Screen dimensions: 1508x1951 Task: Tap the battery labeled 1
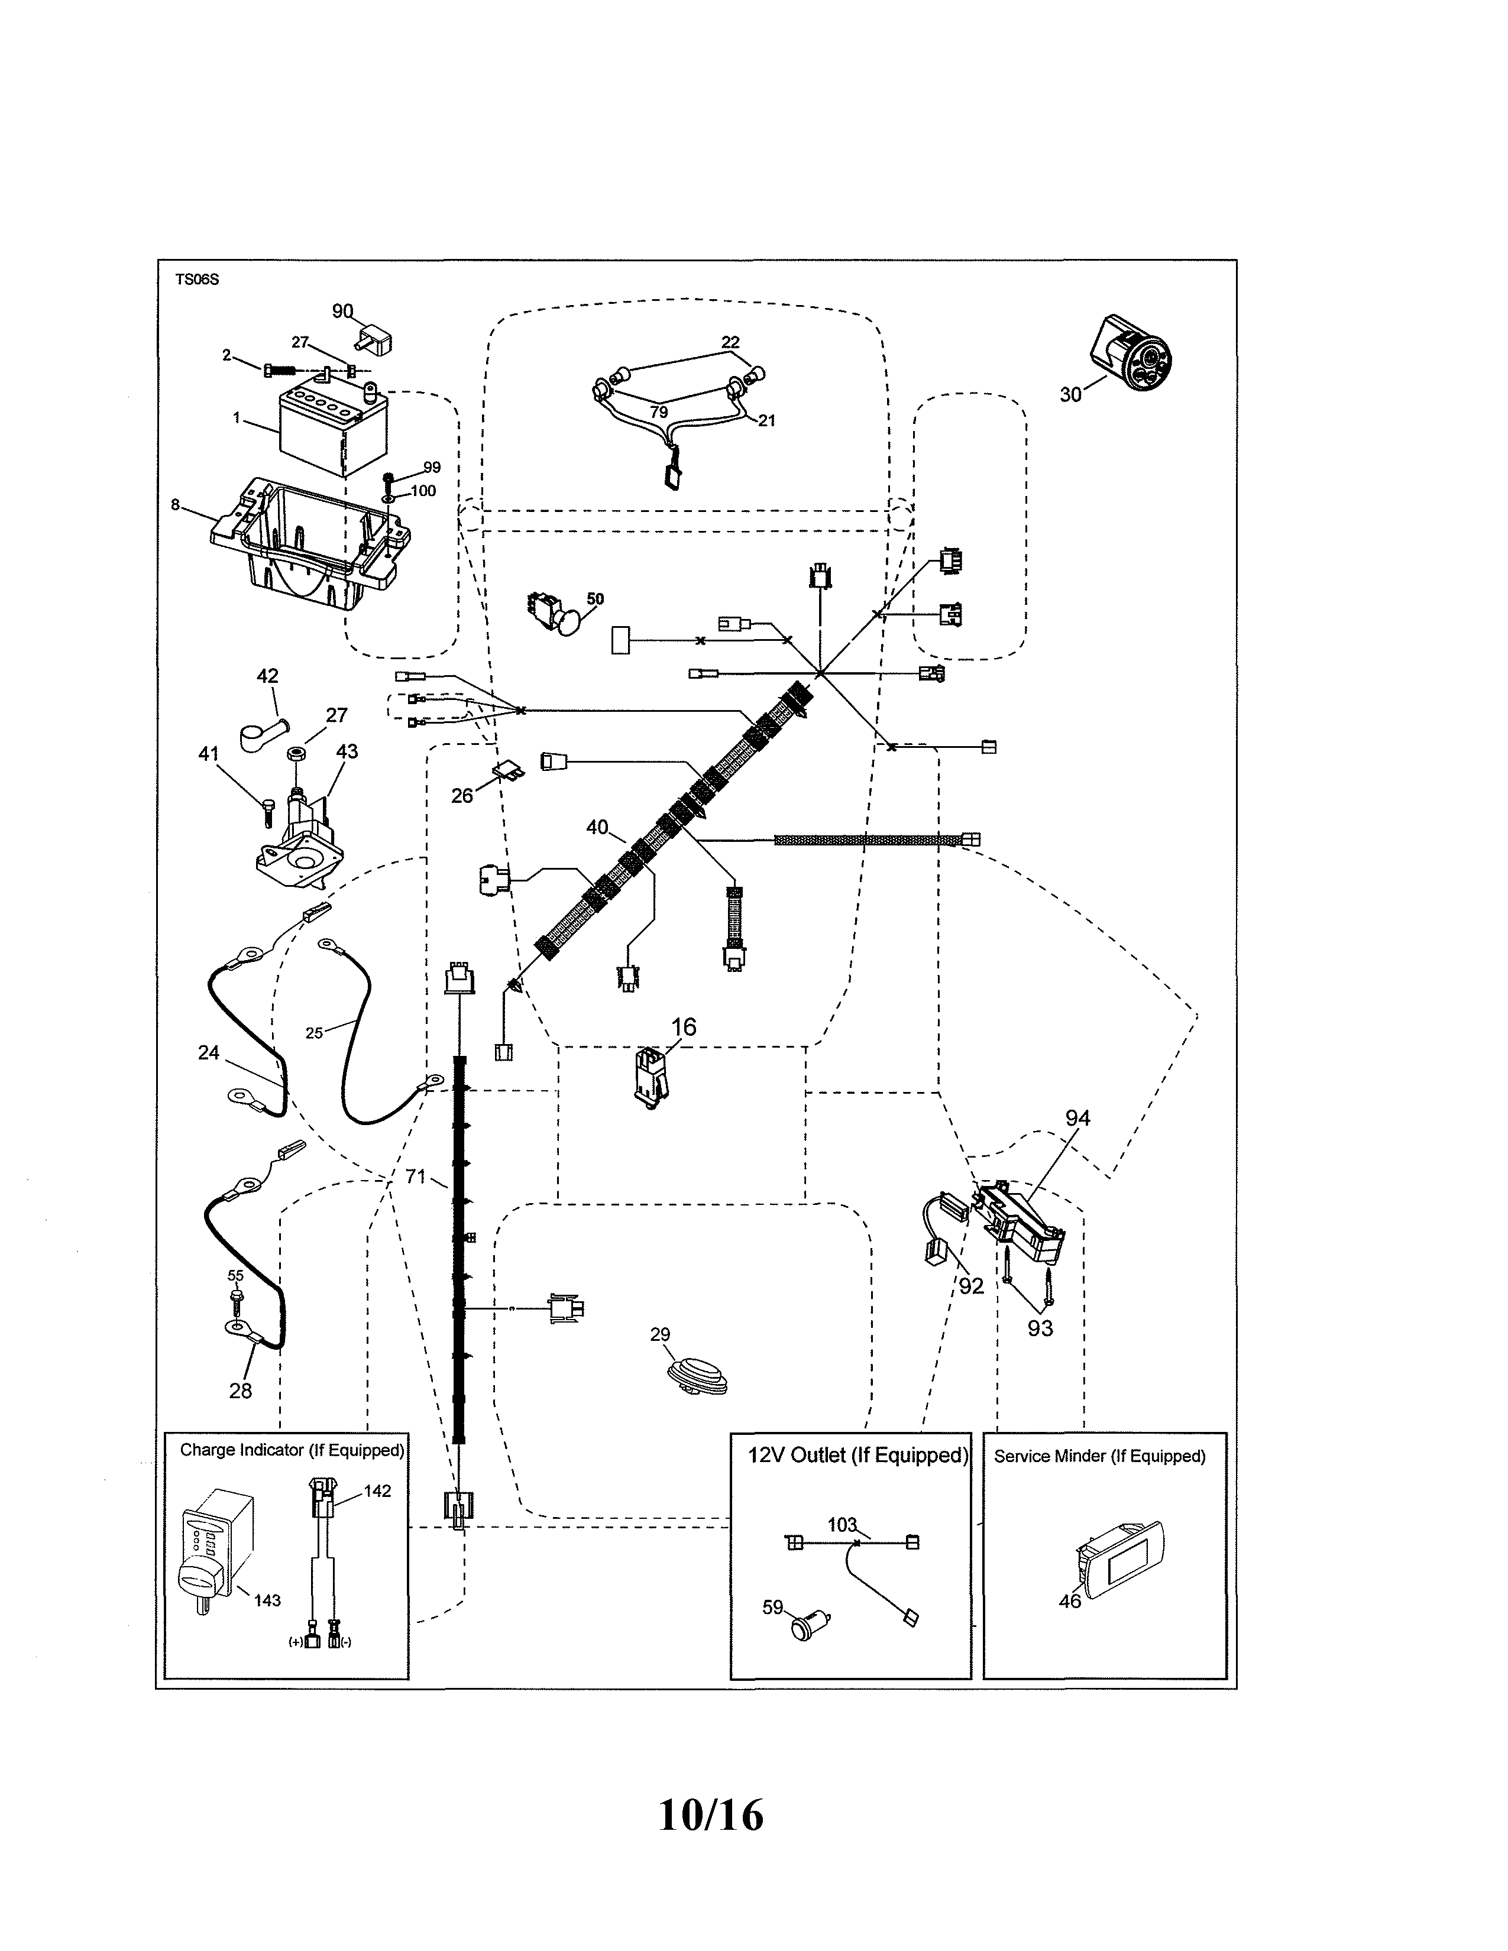click(x=333, y=429)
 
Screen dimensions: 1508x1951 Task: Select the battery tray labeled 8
click(x=308, y=545)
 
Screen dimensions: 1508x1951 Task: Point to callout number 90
click(x=343, y=311)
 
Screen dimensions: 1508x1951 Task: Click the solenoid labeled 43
click(x=299, y=835)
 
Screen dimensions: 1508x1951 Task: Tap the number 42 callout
click(x=267, y=676)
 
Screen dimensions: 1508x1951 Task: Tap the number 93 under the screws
click(x=1040, y=1328)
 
